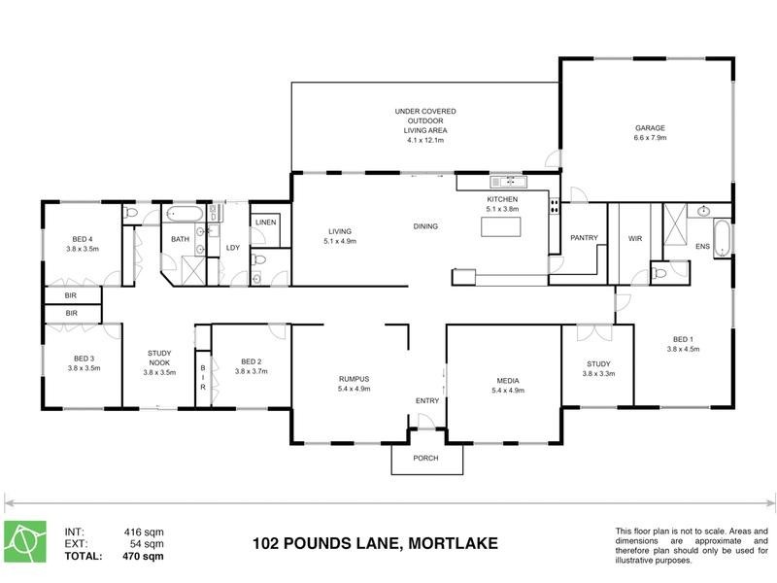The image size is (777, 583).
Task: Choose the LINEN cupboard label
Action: point(265,223)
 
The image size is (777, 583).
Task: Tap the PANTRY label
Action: point(583,238)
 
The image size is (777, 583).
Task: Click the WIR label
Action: point(636,238)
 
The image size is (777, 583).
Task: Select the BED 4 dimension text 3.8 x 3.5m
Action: point(83,249)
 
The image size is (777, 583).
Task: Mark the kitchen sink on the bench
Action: point(508,181)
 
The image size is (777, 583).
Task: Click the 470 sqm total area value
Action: point(143,558)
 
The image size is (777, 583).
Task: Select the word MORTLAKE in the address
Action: point(452,543)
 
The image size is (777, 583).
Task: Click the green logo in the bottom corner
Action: point(26,543)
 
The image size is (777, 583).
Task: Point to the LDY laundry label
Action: point(233,247)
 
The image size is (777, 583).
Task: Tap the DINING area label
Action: point(425,226)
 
